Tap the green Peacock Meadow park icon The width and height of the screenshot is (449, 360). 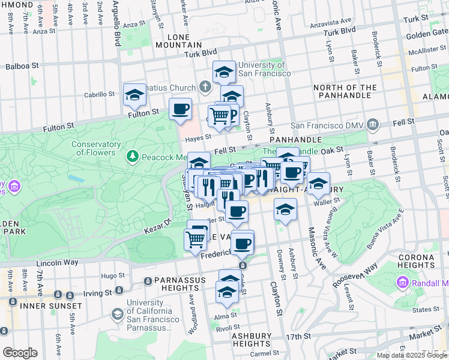(x=133, y=157)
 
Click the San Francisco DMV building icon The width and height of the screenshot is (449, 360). (x=373, y=125)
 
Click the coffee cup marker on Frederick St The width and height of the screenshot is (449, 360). (x=243, y=243)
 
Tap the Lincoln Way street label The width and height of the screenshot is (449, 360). (x=57, y=262)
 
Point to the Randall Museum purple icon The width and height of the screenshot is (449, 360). (x=403, y=282)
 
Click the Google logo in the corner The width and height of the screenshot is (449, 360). (x=20, y=353)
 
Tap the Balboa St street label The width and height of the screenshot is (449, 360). (x=22, y=65)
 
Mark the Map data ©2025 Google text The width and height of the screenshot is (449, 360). (x=412, y=355)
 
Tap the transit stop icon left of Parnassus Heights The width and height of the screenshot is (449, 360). (x=148, y=281)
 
